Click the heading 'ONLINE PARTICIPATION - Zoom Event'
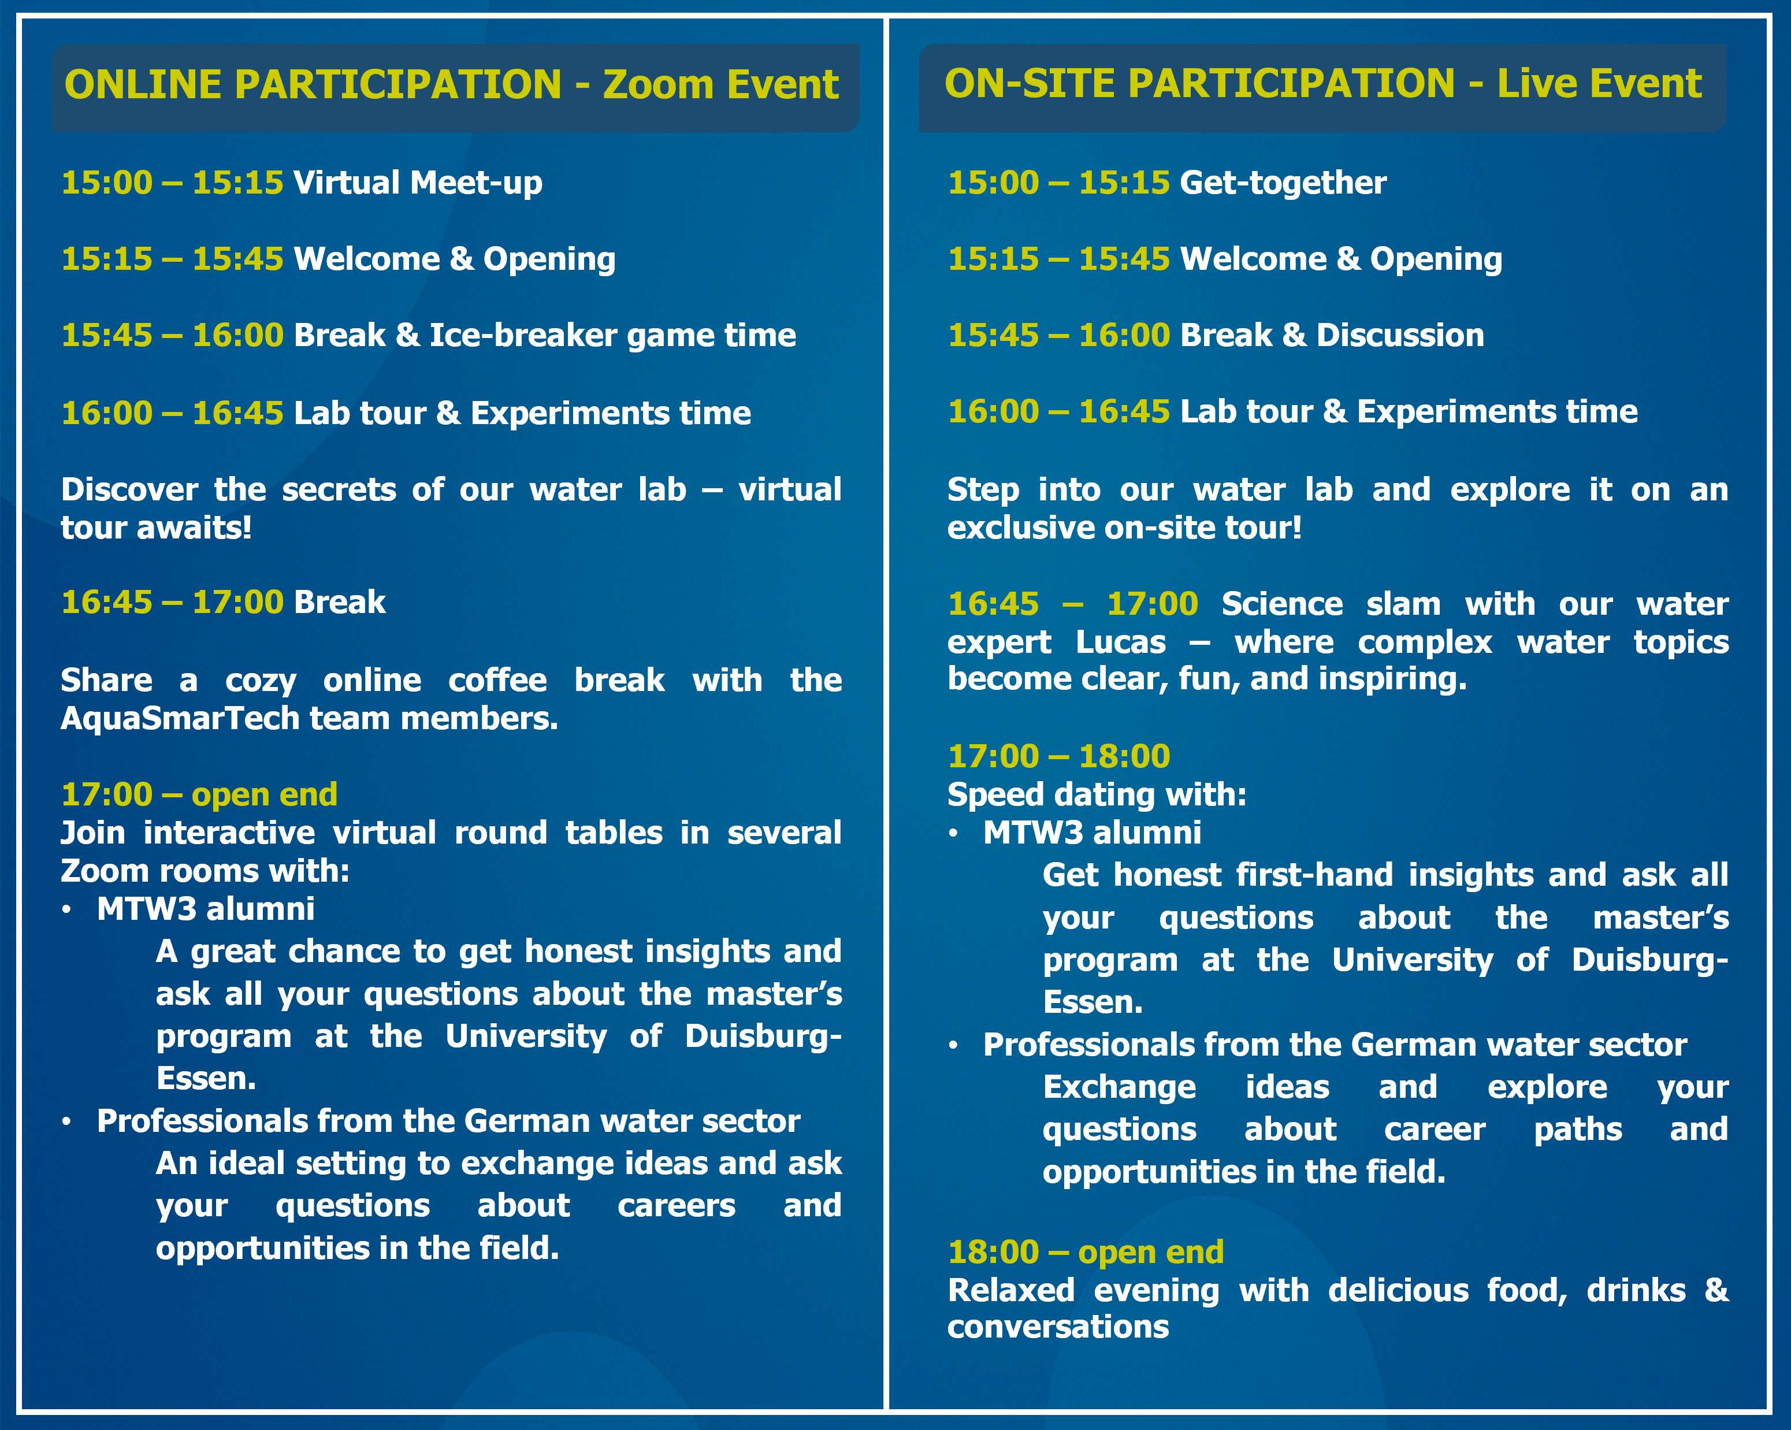point(451,85)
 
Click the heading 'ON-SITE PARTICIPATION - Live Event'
point(1322,84)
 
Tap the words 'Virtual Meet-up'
point(418,183)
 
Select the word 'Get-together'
point(1283,183)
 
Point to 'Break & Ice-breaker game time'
point(545,335)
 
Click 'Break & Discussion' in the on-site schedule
point(1332,335)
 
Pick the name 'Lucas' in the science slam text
point(1121,642)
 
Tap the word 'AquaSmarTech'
point(180,719)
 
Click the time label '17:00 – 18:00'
point(1058,756)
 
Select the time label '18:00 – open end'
point(1086,1251)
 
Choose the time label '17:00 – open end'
point(199,794)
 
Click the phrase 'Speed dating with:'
point(1097,795)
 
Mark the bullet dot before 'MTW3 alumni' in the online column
point(67,911)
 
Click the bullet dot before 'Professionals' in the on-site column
point(954,1046)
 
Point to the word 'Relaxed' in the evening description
point(1011,1290)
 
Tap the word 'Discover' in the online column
point(129,489)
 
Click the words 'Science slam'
point(1323,604)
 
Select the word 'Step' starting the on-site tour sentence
point(983,490)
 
